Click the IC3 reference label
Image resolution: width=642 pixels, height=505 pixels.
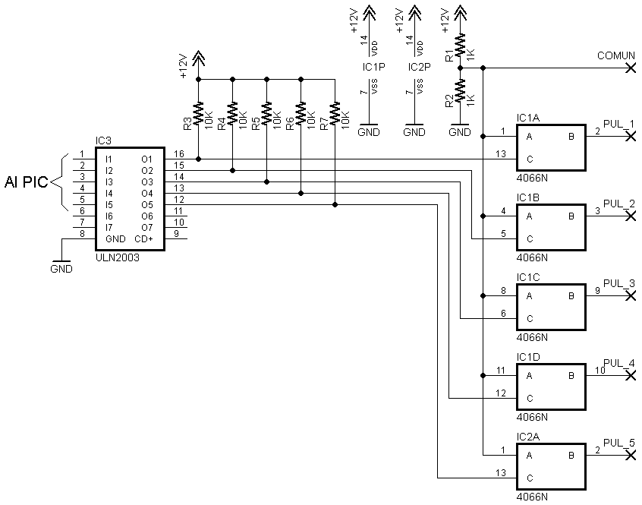click(x=103, y=141)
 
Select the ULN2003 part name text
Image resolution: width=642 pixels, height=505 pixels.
click(x=117, y=257)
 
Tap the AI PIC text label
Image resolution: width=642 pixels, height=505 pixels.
click(x=27, y=181)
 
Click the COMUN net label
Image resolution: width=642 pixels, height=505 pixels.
click(x=615, y=55)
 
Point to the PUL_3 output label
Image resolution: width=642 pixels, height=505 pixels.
click(x=619, y=283)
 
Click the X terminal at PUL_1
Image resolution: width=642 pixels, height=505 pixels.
click(x=631, y=137)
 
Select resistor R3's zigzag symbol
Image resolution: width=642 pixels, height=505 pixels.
click(x=199, y=113)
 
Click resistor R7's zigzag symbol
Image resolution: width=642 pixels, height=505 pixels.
click(x=335, y=113)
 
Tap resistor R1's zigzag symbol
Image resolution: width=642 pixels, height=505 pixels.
click(x=460, y=45)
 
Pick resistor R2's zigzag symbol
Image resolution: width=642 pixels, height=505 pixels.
click(x=460, y=90)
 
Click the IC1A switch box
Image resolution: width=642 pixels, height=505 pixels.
click(x=551, y=147)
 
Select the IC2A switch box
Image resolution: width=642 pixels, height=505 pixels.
click(x=551, y=466)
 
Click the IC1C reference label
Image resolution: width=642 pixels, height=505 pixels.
click(x=528, y=277)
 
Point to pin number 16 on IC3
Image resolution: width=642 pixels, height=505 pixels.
click(x=179, y=154)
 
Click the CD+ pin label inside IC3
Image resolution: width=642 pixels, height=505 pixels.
click(x=143, y=238)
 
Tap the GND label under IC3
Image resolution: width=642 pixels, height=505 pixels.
click(x=61, y=269)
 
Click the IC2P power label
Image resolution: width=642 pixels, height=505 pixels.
click(x=419, y=67)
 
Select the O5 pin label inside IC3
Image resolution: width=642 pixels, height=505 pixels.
click(x=147, y=205)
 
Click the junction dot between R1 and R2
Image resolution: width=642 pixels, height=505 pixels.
click(x=460, y=68)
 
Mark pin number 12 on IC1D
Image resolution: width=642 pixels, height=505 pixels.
click(x=501, y=393)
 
